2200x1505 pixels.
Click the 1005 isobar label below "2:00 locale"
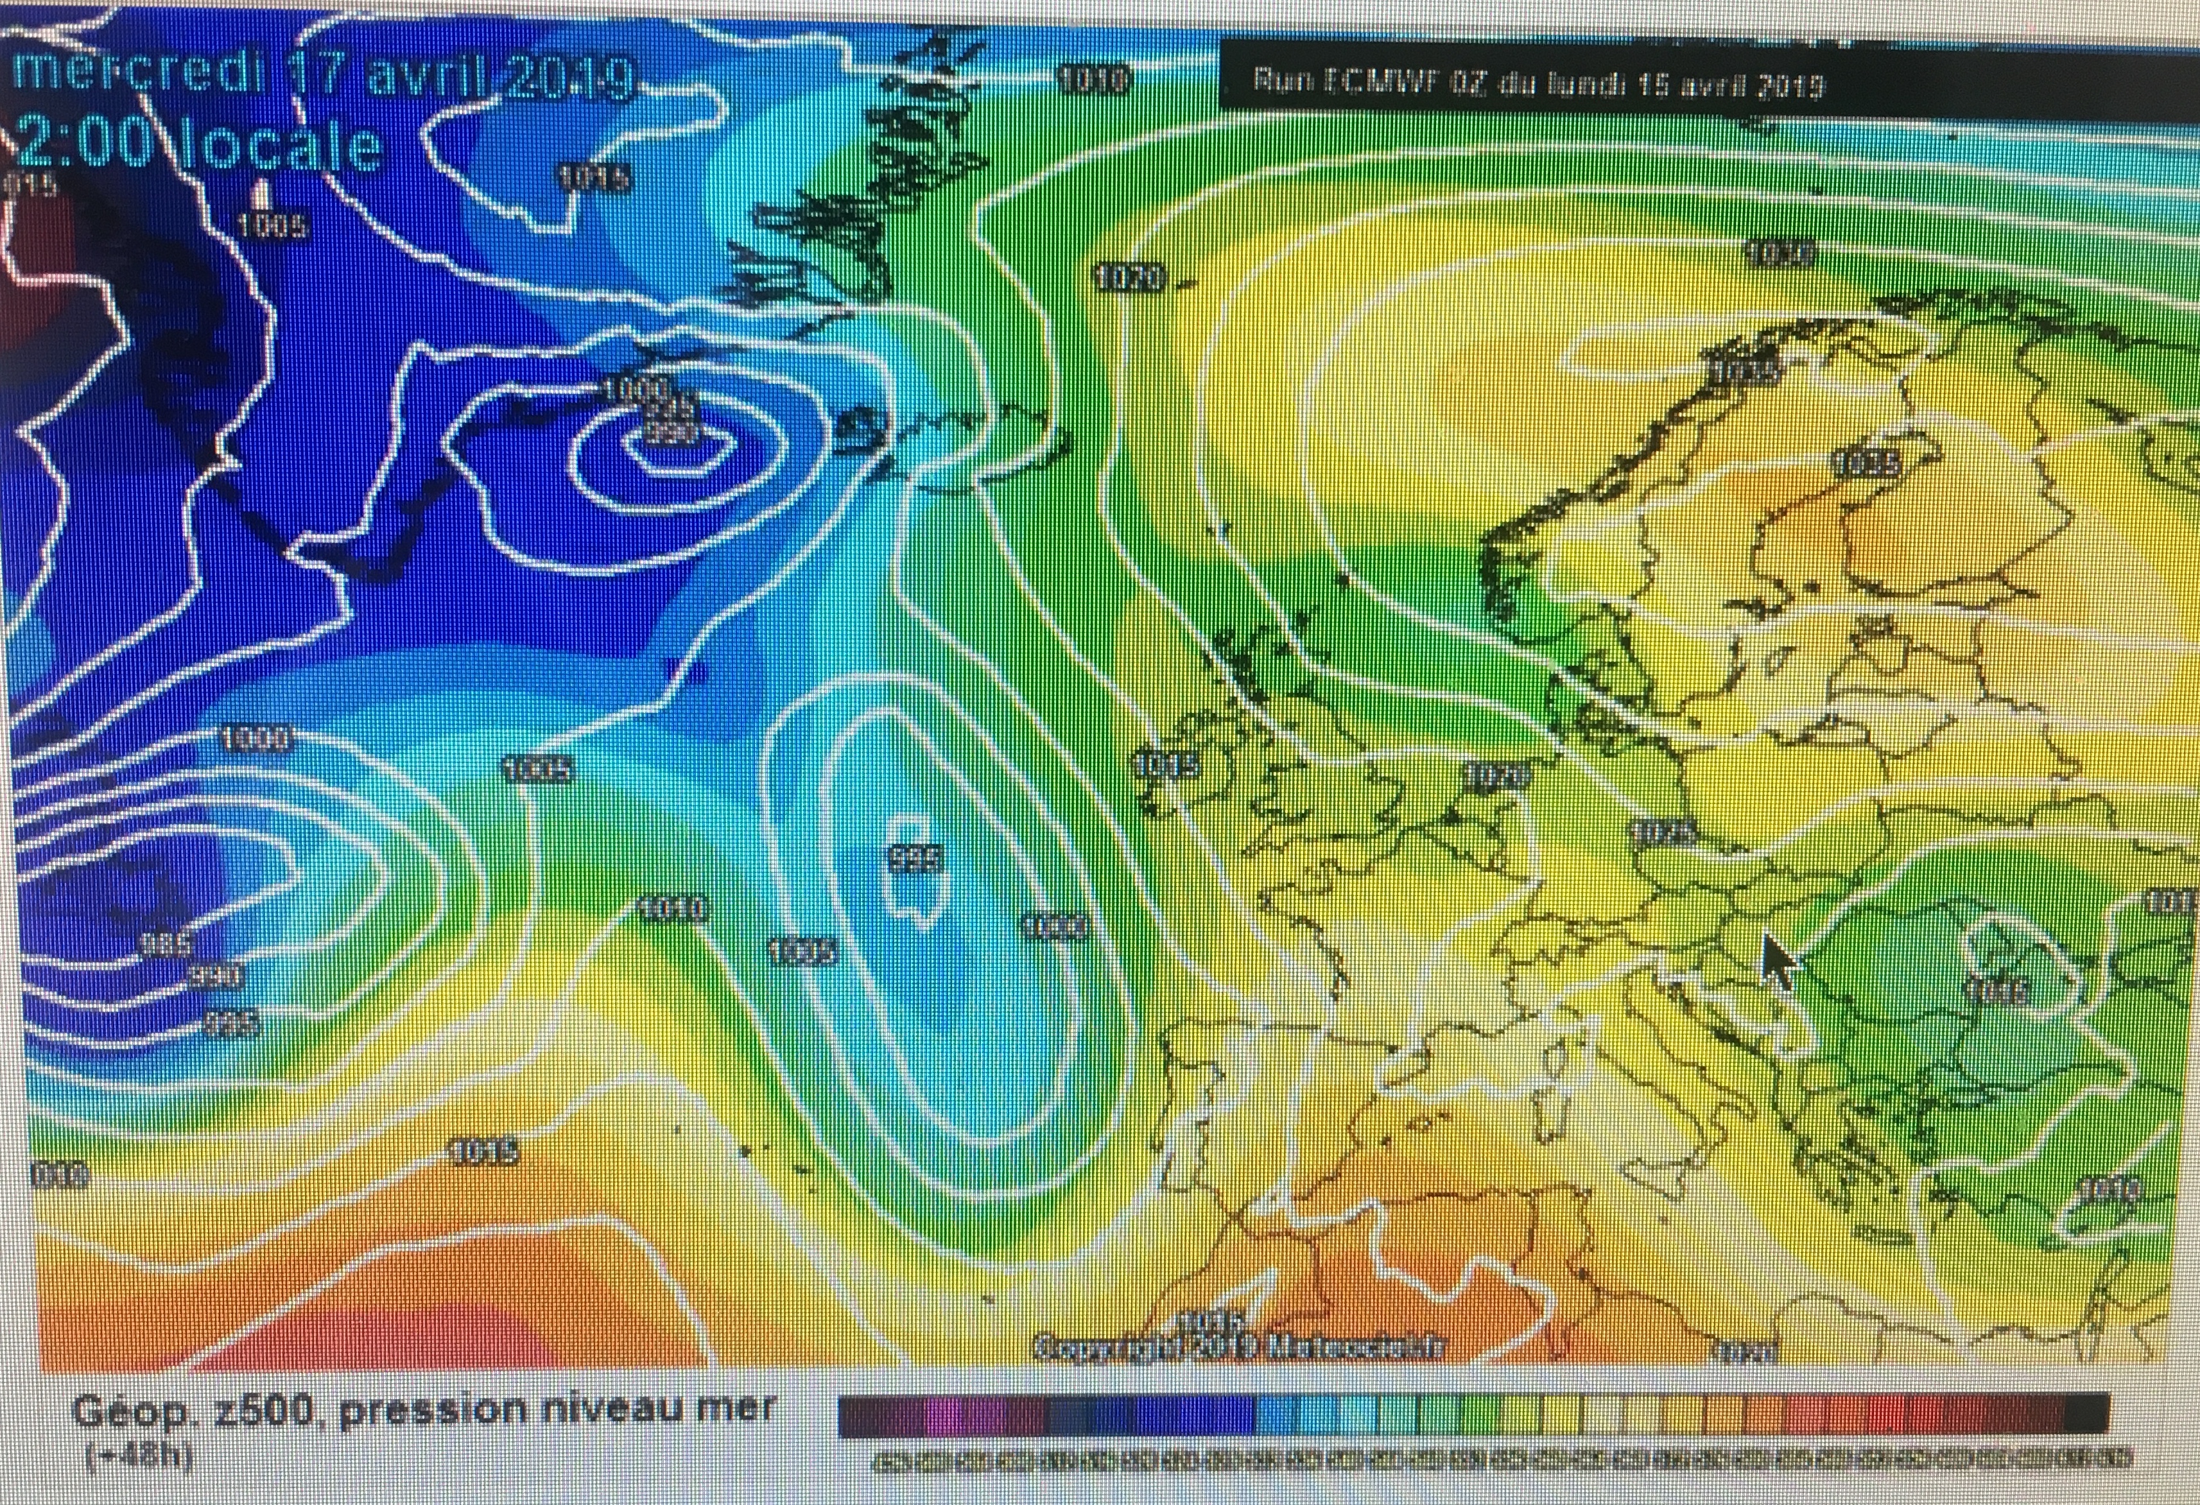[271, 225]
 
